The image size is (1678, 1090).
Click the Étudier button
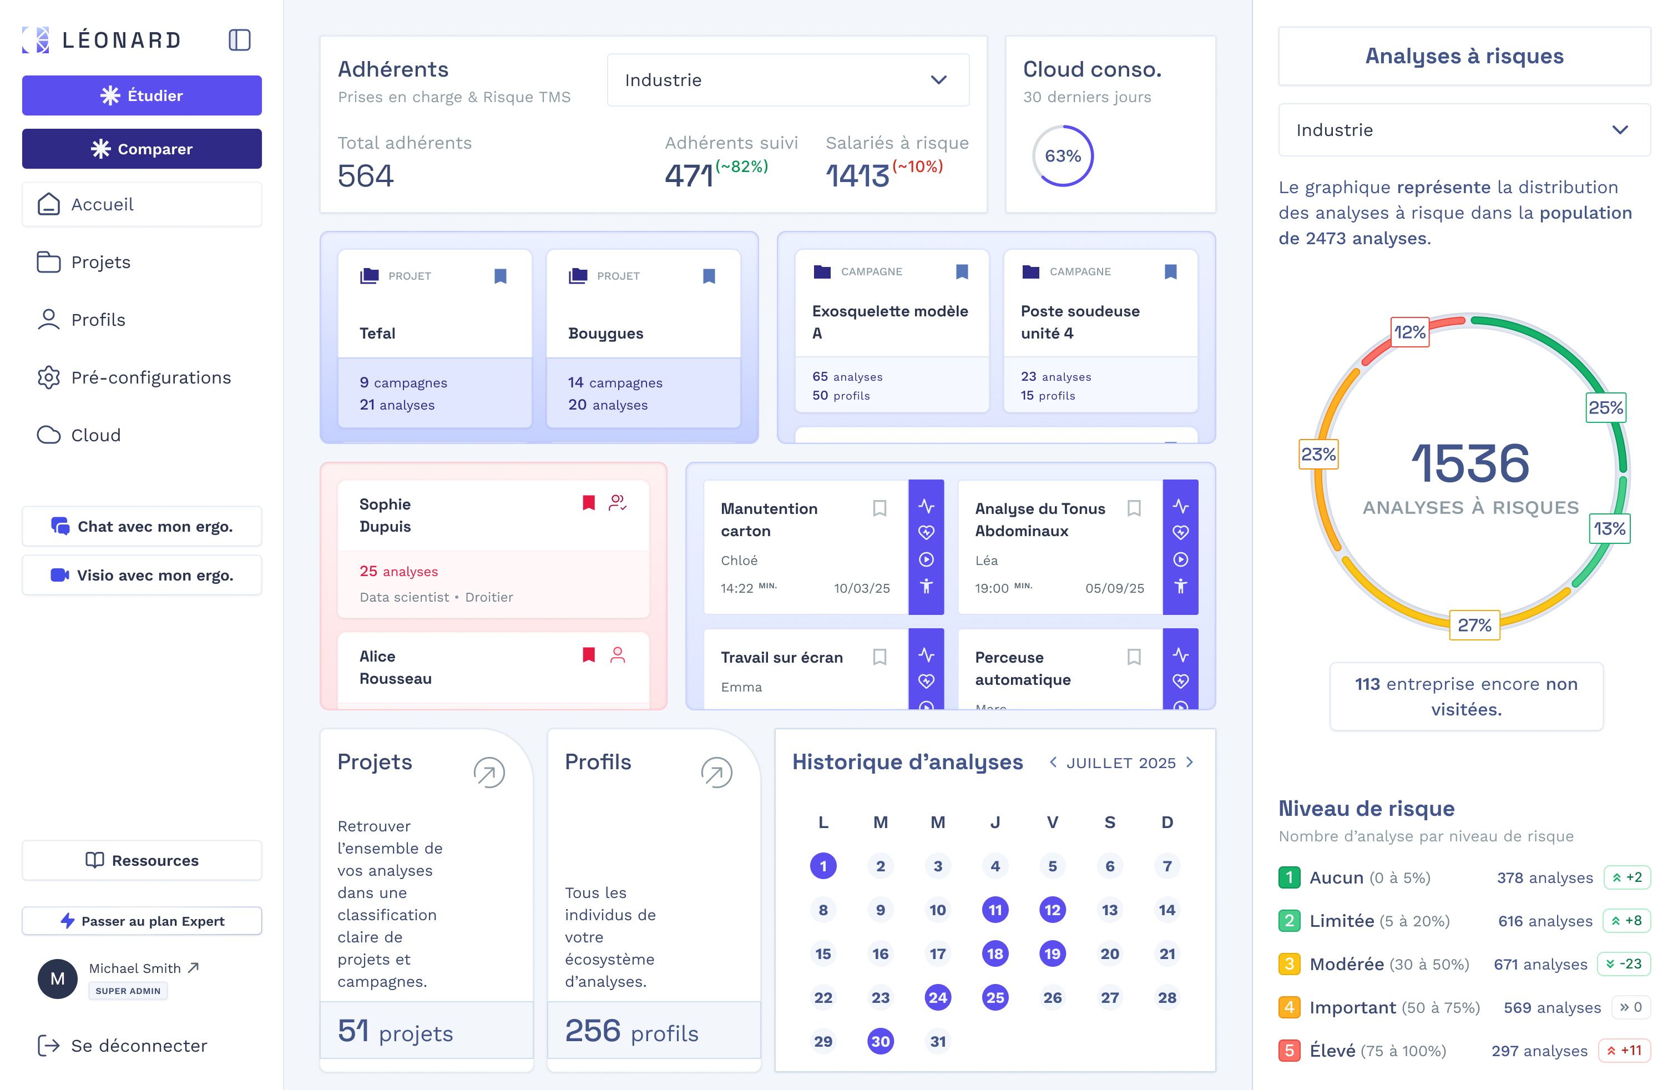(141, 95)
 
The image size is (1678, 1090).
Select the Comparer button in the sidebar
(141, 149)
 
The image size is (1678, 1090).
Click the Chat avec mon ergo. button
(141, 526)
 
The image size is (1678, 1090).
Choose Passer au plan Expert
(141, 921)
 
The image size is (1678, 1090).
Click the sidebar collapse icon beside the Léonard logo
(240, 40)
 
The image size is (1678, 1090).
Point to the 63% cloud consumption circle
(1063, 156)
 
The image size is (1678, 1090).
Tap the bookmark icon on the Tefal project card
(501, 276)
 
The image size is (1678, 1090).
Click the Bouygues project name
(605, 334)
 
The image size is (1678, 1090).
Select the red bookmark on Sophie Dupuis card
(589, 503)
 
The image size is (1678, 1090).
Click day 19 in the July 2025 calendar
(1052, 954)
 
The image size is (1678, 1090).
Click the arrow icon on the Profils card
(716, 773)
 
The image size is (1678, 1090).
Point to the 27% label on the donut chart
(1474, 625)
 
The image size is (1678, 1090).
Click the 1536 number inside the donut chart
(1470, 464)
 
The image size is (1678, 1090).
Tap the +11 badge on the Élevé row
(1624, 1051)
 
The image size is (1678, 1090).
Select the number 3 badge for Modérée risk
(1289, 964)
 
